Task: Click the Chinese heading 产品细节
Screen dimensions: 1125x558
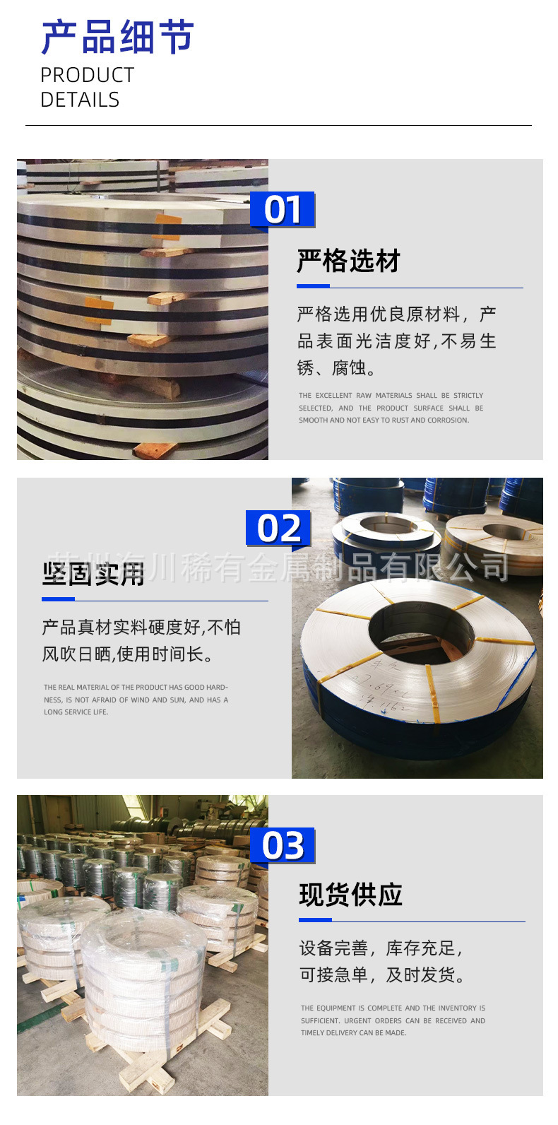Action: pos(117,37)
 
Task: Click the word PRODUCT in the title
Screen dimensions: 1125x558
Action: pos(87,75)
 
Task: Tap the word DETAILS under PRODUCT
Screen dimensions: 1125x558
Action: pos(80,100)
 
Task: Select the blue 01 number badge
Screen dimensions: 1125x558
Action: pos(283,210)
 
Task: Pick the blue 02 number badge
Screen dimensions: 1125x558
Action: pos(278,529)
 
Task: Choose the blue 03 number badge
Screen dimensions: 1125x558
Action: pos(283,846)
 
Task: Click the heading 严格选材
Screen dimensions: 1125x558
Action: pos(348,261)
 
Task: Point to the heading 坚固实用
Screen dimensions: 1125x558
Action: pos(93,574)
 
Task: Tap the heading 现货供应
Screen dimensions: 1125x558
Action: pos(350,895)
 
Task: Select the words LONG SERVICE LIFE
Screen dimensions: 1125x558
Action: pos(76,712)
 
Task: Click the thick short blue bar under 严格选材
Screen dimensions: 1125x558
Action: pos(313,286)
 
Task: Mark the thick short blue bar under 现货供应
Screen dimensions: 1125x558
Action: pos(315,920)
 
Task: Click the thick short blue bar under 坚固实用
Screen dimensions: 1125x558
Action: pos(58,599)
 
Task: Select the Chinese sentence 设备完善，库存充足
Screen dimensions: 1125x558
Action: pos(381,948)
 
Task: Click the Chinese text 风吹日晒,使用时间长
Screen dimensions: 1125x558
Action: pos(127,654)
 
